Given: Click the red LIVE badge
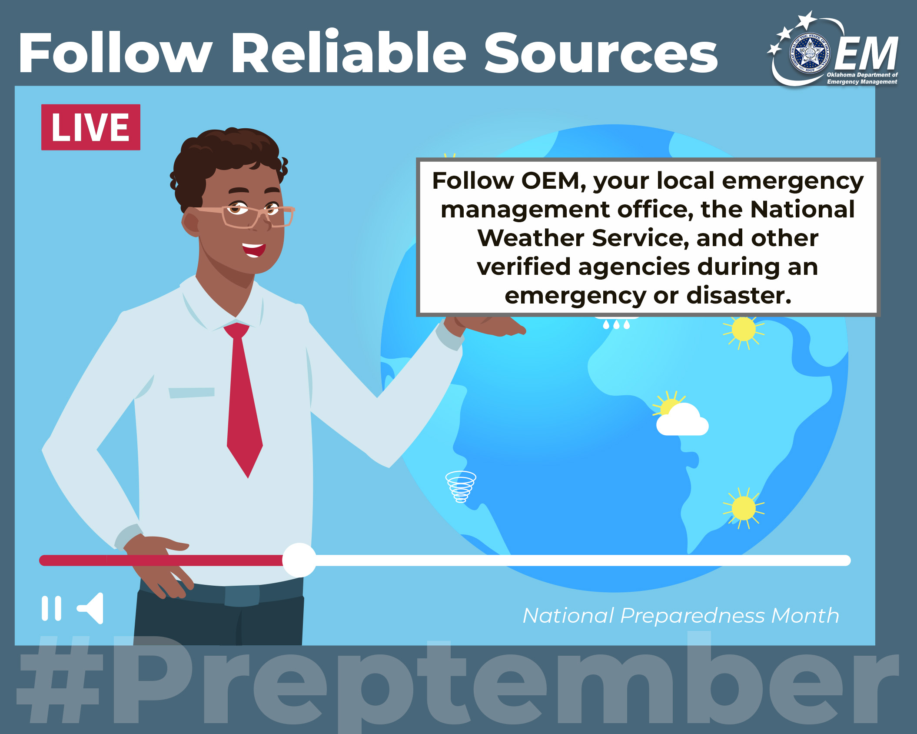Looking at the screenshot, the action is (x=91, y=127).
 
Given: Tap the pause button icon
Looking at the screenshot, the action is (x=51, y=608).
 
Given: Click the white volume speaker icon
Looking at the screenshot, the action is (x=90, y=608).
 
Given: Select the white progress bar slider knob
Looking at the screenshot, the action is (x=299, y=560).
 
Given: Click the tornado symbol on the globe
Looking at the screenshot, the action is (x=461, y=487).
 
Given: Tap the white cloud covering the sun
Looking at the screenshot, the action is (x=682, y=420).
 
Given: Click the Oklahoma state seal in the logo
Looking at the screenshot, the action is (x=810, y=54).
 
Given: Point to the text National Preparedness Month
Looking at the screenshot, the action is (x=681, y=615).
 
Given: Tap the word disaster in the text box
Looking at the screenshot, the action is (x=738, y=296).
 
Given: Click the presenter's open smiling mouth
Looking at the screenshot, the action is (x=253, y=250).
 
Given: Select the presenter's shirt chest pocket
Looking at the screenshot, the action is (x=191, y=392).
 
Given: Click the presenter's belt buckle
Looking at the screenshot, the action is (x=242, y=595).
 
